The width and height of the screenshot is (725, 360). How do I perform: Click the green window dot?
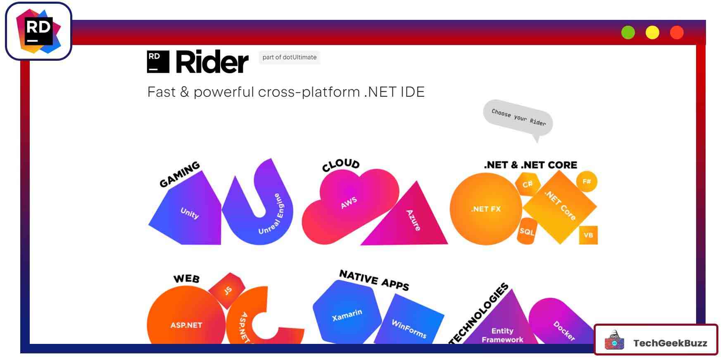(x=628, y=33)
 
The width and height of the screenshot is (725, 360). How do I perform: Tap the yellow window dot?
(x=652, y=33)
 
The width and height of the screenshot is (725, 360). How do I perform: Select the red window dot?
(x=677, y=33)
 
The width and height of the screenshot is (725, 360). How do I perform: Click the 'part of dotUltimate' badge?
(x=289, y=57)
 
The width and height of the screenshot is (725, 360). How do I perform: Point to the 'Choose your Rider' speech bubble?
(x=518, y=118)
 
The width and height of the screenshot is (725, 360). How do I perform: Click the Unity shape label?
(x=190, y=213)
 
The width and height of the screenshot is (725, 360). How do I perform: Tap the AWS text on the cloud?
(x=349, y=203)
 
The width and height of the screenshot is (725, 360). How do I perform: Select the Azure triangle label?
(x=413, y=220)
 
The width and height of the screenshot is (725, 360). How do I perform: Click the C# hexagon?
(x=528, y=184)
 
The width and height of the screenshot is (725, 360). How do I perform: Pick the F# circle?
(x=587, y=181)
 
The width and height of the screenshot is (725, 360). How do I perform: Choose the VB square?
(x=588, y=235)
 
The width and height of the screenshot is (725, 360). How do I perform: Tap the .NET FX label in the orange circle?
(x=486, y=209)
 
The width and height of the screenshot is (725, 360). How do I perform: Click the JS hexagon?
(x=228, y=291)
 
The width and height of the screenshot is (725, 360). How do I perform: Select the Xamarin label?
(x=347, y=315)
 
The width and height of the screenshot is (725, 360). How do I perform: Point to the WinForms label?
(x=409, y=329)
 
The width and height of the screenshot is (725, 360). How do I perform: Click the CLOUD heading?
(x=341, y=165)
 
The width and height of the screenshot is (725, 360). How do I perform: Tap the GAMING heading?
(x=180, y=174)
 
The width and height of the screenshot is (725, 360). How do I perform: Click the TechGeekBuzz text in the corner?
(x=670, y=343)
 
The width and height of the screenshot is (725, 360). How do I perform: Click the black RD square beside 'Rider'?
(x=158, y=62)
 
